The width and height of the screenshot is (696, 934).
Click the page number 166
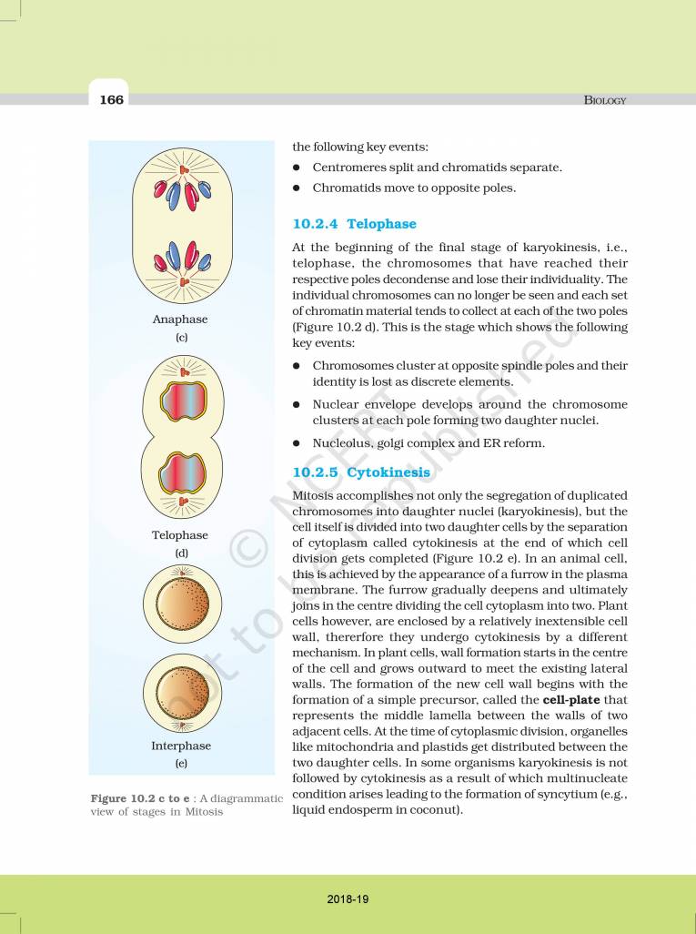111,99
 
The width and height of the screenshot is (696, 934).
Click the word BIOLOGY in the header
604,100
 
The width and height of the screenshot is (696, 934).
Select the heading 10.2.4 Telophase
354,223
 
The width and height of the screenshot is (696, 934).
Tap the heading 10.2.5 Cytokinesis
361,472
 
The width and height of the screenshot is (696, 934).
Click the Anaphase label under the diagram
180,320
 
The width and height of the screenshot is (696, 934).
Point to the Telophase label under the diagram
180,535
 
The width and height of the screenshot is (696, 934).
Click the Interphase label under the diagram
180,746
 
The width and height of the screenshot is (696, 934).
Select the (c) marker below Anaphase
180,337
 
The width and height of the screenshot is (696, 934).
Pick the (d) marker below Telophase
180,553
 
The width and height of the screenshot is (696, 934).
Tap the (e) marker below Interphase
180,763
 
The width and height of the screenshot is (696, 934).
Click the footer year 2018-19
348,898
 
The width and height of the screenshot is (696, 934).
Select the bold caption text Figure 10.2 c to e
140,798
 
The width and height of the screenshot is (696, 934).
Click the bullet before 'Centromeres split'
297,168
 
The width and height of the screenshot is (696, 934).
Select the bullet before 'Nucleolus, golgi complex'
297,443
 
